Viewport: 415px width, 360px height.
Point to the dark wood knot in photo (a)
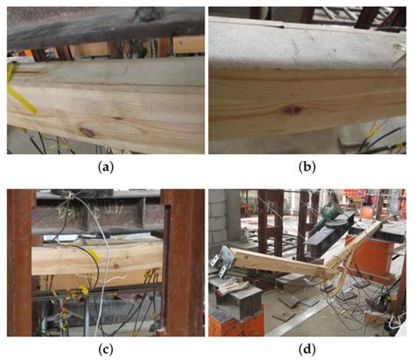[x=86, y=132]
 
